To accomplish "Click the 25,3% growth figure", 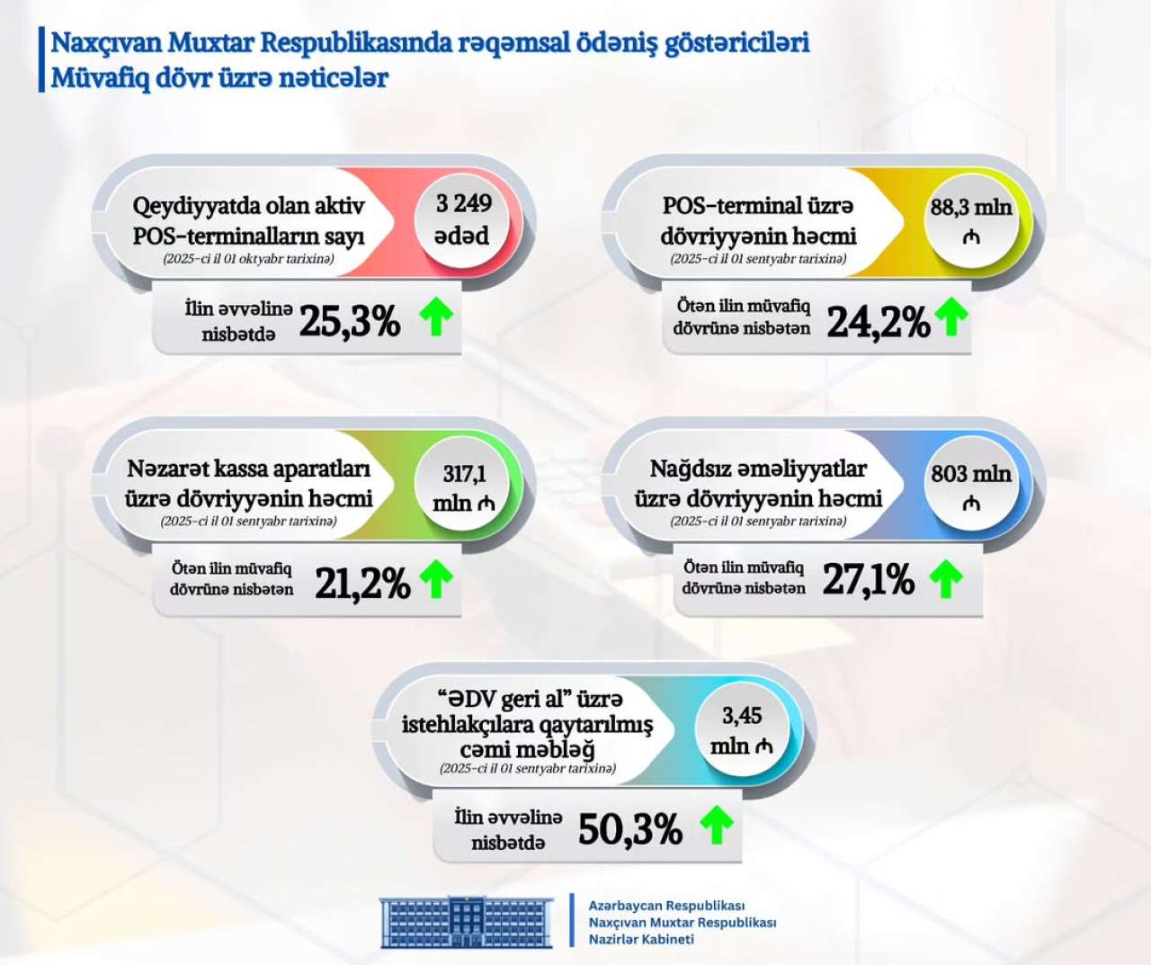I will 349,321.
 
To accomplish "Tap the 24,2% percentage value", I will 878,322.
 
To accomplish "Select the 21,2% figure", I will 362,584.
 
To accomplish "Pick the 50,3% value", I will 629,829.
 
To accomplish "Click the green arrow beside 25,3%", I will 437,317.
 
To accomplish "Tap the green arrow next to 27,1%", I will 945,578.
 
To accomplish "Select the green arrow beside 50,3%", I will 717,824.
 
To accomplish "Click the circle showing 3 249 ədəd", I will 463,219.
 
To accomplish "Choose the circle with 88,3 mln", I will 970,220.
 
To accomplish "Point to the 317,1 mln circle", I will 463,487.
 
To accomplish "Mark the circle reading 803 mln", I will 970,487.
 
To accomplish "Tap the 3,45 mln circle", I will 741,730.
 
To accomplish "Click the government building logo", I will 467,922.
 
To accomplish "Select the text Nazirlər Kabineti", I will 641,940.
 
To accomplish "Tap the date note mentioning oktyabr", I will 248,259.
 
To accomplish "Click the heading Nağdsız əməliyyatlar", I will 757,469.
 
